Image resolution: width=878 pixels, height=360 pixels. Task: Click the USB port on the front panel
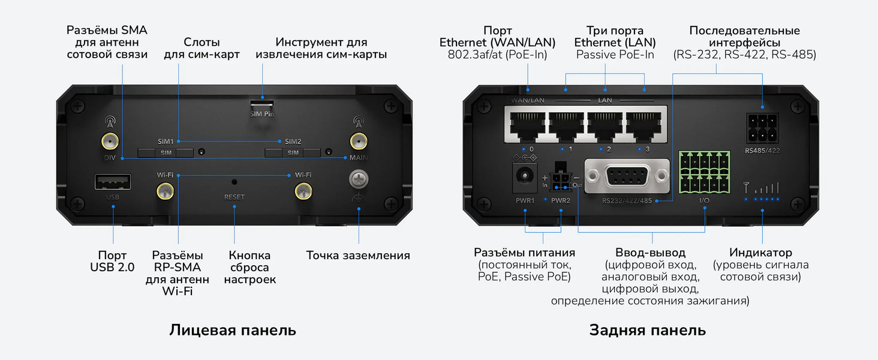(x=113, y=182)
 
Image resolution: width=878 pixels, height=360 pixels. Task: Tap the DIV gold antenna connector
(x=110, y=141)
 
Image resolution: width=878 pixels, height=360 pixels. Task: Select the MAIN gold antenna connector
(x=358, y=141)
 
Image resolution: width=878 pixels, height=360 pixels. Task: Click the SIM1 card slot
(x=166, y=152)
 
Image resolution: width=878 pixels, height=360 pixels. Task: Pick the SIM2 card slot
(x=293, y=152)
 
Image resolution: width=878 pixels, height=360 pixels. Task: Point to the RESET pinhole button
(x=234, y=182)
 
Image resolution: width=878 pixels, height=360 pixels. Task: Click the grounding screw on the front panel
(x=358, y=179)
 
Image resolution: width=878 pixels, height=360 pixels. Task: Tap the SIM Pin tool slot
(x=262, y=104)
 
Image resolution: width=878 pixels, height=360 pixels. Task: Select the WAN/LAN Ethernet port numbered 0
(x=527, y=126)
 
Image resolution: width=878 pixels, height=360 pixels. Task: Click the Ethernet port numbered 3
(x=644, y=126)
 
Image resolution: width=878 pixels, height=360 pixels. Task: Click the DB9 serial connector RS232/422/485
(x=627, y=176)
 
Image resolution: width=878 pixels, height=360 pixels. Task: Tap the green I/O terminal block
(x=704, y=172)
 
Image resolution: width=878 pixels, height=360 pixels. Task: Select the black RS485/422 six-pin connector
(x=762, y=128)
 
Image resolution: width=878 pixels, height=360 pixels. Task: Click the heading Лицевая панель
(x=233, y=330)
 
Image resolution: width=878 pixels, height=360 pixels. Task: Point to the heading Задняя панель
(x=648, y=330)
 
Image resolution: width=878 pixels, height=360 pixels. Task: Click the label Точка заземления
(x=358, y=255)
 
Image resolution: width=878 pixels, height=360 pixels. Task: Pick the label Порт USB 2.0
(x=112, y=261)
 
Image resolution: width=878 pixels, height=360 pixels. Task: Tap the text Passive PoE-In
(x=615, y=55)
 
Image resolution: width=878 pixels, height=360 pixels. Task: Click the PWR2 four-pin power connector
(x=561, y=178)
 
